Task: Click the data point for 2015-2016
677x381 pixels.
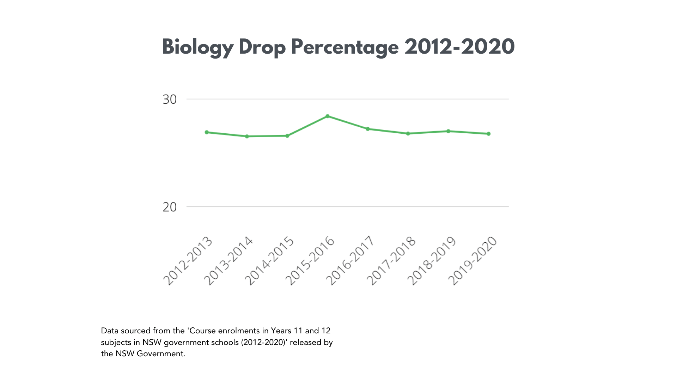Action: coord(328,116)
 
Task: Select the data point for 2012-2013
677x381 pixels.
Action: coord(207,132)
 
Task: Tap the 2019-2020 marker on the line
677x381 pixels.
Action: coord(489,134)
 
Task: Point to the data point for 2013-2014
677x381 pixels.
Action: coord(247,136)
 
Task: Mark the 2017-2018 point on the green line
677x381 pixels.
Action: coord(408,133)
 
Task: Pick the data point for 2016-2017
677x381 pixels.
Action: coord(368,129)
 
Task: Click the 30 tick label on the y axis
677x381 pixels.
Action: coord(170,99)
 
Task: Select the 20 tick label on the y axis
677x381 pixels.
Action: coord(170,207)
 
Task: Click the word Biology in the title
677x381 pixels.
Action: coord(197,47)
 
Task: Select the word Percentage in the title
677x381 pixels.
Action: coord(344,47)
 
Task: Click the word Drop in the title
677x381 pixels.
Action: coord(262,47)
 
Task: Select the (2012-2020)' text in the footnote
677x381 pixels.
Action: coord(264,342)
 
